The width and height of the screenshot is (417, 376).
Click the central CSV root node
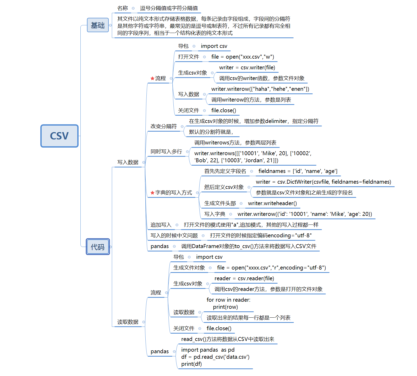click(59, 136)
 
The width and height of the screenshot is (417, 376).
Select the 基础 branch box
click(98, 25)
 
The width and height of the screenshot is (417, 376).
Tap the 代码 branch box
click(98, 247)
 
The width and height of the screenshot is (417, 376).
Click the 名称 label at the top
click(123, 8)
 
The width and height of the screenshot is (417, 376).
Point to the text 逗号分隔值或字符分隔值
click(169, 8)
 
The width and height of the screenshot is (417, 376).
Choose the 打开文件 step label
click(189, 57)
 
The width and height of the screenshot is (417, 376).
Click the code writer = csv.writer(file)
click(247, 68)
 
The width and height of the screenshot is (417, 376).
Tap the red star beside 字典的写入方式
click(152, 193)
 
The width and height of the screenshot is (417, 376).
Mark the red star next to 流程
click(152, 78)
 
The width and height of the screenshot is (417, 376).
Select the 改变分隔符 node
click(164, 126)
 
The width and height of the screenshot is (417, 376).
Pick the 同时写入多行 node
click(166, 151)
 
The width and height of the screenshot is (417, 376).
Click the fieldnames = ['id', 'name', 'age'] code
click(298, 171)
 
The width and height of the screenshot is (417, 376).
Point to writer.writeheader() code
click(272, 203)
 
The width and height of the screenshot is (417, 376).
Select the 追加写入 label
click(161, 225)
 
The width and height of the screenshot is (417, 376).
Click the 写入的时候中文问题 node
click(174, 235)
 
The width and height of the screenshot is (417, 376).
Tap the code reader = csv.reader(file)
click(244, 278)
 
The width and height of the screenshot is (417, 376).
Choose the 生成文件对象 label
click(189, 268)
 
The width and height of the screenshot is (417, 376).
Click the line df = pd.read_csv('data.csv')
click(215, 357)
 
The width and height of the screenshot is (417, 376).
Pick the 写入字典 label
click(215, 214)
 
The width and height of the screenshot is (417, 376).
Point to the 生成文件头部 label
click(220, 203)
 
